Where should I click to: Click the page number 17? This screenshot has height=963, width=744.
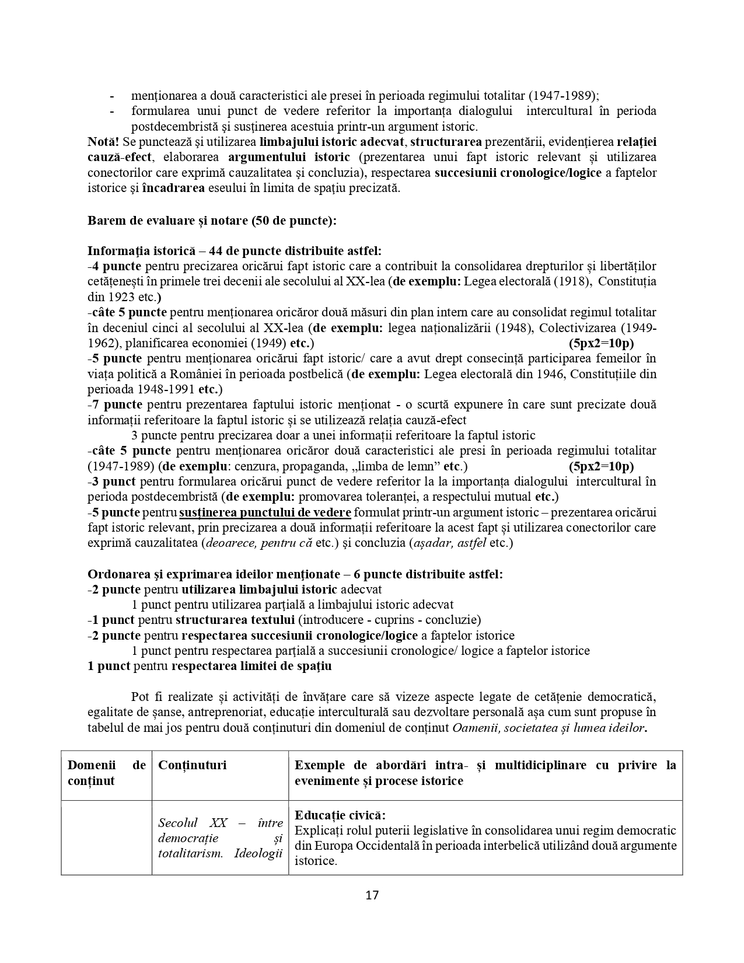click(372, 895)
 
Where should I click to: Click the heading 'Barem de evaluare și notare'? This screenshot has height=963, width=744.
click(212, 221)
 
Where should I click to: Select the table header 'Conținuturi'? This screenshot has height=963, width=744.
click(192, 765)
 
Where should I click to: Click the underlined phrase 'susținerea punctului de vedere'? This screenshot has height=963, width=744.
click(265, 512)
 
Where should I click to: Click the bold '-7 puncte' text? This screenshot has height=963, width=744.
click(115, 404)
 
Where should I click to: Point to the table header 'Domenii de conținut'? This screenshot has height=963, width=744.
click(106, 773)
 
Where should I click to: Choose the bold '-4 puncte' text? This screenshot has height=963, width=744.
click(115, 266)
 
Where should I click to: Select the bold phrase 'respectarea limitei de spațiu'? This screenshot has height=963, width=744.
click(252, 666)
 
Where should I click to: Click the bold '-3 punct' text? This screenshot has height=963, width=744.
click(112, 481)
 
